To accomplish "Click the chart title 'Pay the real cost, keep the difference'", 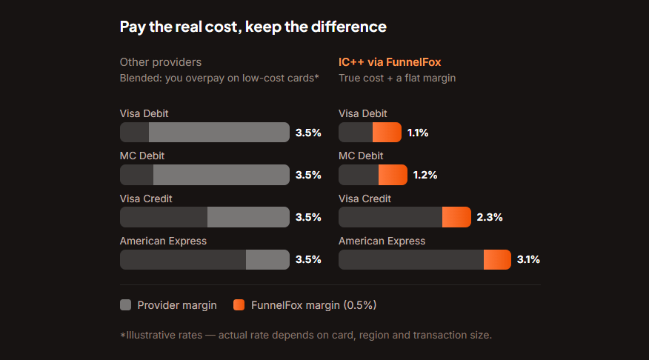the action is (x=253, y=27).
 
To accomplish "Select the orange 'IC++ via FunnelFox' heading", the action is (x=390, y=62).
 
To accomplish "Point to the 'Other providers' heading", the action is (x=161, y=62).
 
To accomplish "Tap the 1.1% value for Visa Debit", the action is (x=418, y=133).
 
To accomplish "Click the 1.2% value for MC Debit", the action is (x=425, y=175).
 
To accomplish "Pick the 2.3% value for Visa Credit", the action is (x=490, y=217).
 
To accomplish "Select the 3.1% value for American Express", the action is (x=528, y=259).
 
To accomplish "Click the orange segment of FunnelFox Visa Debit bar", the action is (x=387, y=133).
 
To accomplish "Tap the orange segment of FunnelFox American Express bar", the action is (x=498, y=259).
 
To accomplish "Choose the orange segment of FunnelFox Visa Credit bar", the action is (x=456, y=217).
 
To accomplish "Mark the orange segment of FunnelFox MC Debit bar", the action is (x=393, y=175).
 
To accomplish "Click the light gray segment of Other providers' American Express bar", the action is (x=267, y=259).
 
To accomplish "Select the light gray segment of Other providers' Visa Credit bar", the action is (x=248, y=217).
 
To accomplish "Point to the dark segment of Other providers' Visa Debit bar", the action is (x=135, y=133).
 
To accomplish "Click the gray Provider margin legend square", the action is (x=125, y=305).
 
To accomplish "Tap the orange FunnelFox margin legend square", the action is (x=239, y=305).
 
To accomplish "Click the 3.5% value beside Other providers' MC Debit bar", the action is (x=308, y=175).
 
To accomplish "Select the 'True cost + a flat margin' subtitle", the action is (x=397, y=79).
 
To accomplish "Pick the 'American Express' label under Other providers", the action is (x=163, y=241).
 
